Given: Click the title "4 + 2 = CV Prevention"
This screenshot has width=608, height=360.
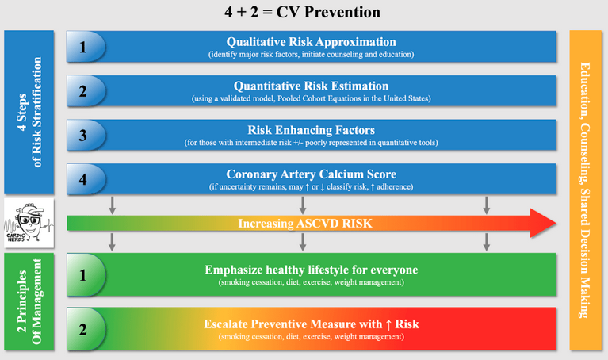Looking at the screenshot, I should (304, 13).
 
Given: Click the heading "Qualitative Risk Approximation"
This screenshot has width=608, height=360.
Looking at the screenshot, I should (311, 42).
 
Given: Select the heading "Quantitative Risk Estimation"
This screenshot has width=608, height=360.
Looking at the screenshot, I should (311, 86).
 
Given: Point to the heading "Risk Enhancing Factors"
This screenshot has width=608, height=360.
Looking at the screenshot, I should (311, 131).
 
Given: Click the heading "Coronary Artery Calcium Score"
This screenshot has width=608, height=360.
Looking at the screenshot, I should (311, 175).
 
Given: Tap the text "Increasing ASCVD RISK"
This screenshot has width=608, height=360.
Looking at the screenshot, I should (305, 224).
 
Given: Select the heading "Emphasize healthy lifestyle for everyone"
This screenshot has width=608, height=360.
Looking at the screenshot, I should (311, 270).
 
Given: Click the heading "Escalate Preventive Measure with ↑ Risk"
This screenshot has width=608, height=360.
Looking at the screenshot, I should (311, 324).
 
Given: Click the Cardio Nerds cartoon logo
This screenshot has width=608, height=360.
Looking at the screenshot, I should (29, 224).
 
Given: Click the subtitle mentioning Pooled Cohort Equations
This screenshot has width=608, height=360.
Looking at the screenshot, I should (311, 98).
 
